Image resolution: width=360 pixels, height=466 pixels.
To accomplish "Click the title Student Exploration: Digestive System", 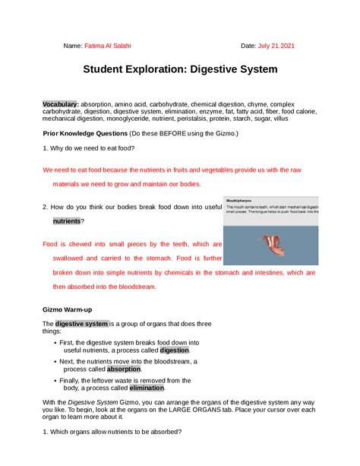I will pyautogui.click(x=180, y=69).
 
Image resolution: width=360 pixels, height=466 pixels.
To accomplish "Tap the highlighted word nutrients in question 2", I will pyautogui.click(x=66, y=220).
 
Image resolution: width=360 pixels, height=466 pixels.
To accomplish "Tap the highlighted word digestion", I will pyautogui.click(x=174, y=350).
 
